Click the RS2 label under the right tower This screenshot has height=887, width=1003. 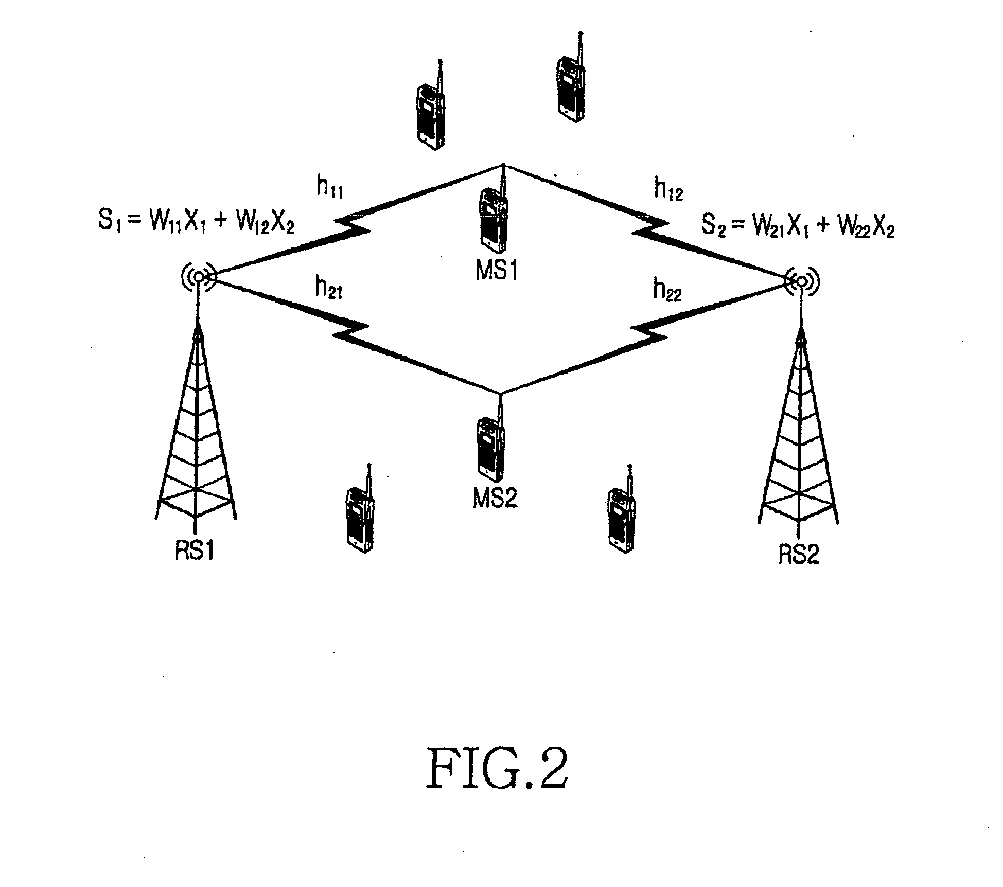click(798, 554)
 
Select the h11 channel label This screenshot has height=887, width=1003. click(329, 188)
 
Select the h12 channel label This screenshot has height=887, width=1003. click(668, 189)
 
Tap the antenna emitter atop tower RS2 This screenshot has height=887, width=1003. click(801, 280)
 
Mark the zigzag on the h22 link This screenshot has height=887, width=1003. click(649, 329)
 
